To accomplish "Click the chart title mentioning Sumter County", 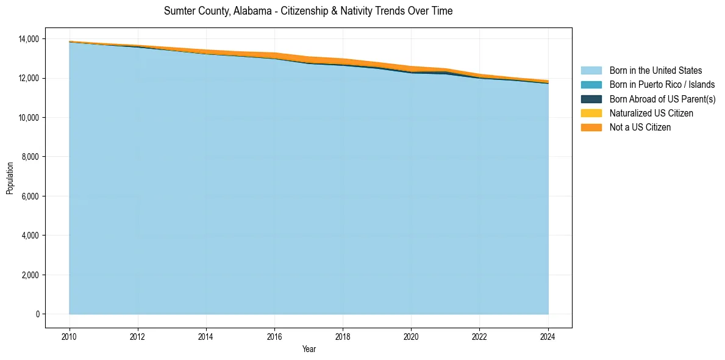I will click(x=308, y=11).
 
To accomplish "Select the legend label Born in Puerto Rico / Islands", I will click(x=662, y=85).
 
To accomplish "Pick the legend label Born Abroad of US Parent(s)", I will click(x=662, y=99).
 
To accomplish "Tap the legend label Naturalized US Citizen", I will click(x=651, y=113).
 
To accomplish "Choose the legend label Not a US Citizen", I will click(x=640, y=127).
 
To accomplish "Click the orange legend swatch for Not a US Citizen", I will click(x=591, y=127).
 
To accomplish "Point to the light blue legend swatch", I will click(x=591, y=71).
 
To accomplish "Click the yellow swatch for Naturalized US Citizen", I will click(x=591, y=113).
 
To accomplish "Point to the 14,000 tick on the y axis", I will click(x=29, y=39).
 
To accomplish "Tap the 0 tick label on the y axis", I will click(x=37, y=314).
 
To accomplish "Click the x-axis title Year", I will click(x=309, y=350).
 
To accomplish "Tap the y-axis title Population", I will click(x=10, y=178).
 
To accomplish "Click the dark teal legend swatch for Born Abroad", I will click(x=591, y=99).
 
